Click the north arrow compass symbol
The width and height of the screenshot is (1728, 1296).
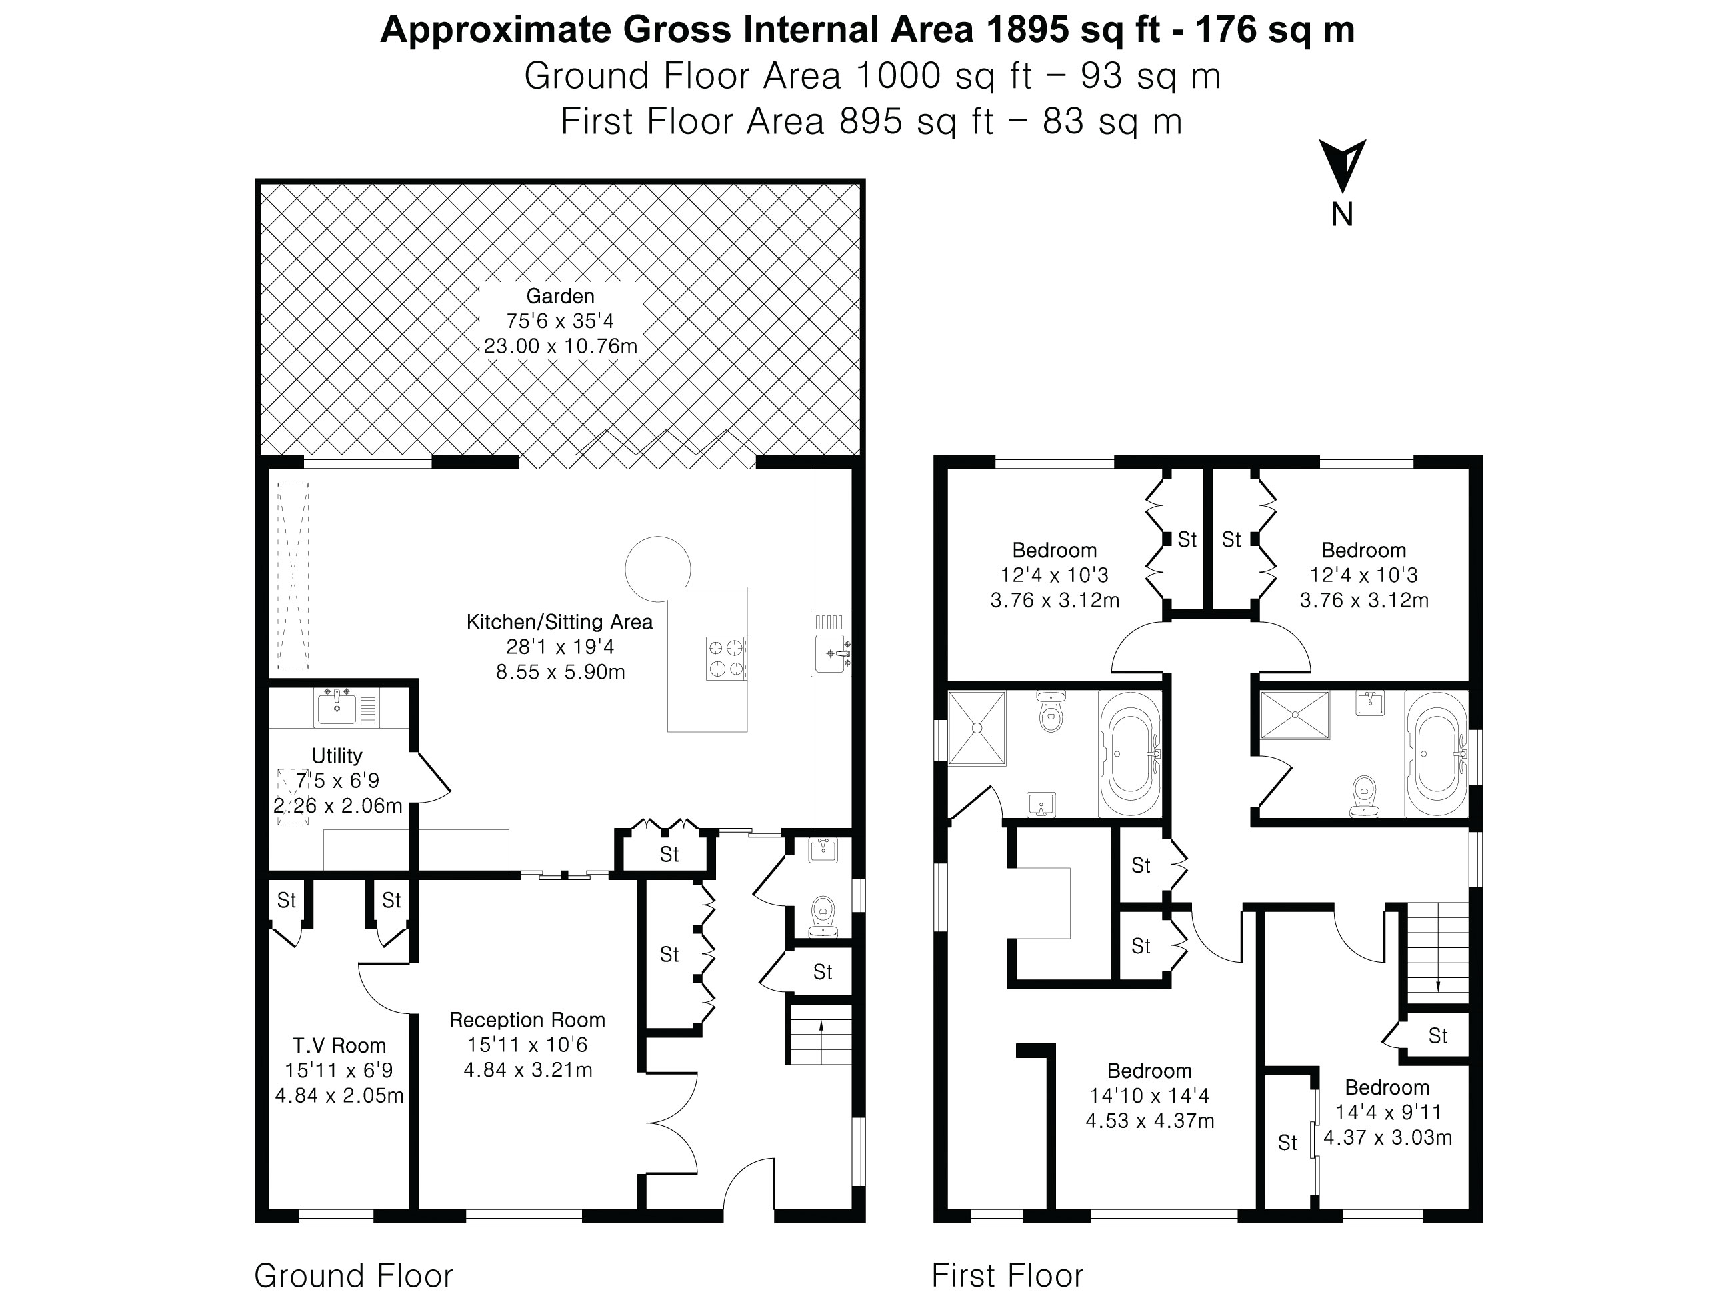click(1342, 165)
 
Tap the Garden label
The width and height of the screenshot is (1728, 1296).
click(560, 296)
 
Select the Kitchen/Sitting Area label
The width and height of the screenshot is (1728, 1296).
click(559, 622)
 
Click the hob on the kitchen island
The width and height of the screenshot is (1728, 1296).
click(727, 659)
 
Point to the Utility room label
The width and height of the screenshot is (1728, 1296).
click(337, 755)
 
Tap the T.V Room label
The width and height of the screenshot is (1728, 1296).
click(339, 1045)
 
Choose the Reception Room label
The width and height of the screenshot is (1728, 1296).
click(527, 1019)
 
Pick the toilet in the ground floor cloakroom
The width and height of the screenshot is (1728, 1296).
click(823, 915)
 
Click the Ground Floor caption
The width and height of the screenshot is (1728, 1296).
click(353, 1276)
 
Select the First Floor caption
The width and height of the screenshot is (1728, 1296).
click(1007, 1276)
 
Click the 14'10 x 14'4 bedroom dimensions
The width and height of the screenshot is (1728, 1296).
click(1149, 1095)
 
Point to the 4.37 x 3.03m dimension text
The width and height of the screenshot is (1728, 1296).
click(1387, 1137)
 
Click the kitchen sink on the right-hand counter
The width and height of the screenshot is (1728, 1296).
click(831, 643)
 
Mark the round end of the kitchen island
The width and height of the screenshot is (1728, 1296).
click(658, 569)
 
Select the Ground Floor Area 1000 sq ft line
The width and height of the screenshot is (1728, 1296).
click(872, 76)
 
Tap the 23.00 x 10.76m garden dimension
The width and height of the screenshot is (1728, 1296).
click(560, 345)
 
